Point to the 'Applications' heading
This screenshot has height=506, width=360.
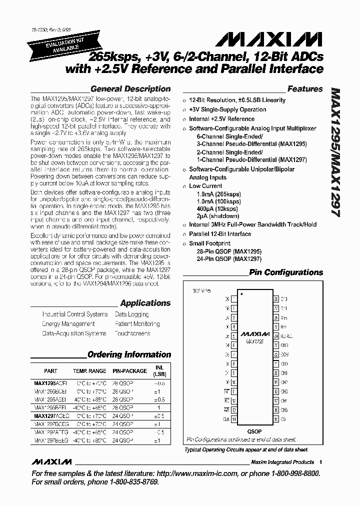145,303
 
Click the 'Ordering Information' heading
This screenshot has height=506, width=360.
129,354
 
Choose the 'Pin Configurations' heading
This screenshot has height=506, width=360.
286,272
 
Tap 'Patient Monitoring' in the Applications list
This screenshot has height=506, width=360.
137,323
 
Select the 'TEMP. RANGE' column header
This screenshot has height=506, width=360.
89,371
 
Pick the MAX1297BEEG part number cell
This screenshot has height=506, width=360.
50,440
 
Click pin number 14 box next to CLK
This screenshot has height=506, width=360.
233,419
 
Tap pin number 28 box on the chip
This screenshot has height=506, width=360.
275,298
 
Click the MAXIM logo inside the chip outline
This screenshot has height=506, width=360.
254,333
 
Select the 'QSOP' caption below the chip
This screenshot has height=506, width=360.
254,431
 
